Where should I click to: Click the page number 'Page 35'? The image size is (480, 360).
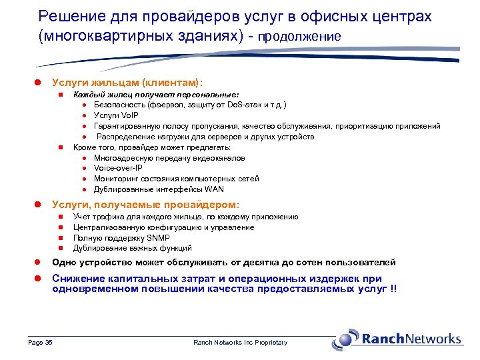click(x=40, y=343)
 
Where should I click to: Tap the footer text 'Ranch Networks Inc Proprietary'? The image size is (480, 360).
click(x=240, y=343)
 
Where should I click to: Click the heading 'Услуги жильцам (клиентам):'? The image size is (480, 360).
click(x=127, y=81)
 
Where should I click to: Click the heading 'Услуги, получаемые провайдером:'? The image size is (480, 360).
click(x=145, y=204)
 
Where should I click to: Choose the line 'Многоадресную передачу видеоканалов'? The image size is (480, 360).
click(x=169, y=158)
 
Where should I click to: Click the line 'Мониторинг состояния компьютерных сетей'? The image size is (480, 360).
click(x=176, y=179)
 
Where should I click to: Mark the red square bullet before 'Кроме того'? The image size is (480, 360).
click(x=61, y=147)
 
